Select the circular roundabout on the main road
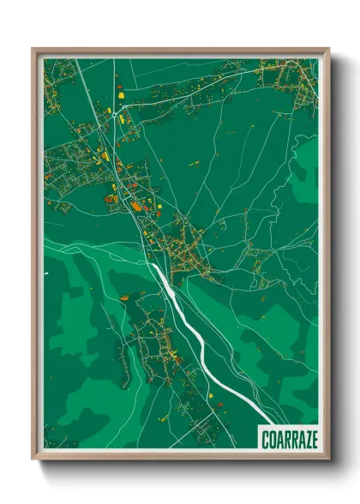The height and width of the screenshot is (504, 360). tap(112, 111)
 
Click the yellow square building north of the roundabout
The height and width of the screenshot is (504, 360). tap(120, 90)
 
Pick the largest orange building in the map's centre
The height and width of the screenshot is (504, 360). tap(135, 206)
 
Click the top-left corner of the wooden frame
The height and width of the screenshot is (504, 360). tap(33, 49)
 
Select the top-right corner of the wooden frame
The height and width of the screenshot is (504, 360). tap(328, 49)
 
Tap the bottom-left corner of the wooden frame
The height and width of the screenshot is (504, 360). tap(33, 459)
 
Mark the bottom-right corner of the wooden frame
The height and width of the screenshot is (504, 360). tap(328, 459)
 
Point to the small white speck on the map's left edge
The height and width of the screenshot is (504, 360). tap(45, 274)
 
